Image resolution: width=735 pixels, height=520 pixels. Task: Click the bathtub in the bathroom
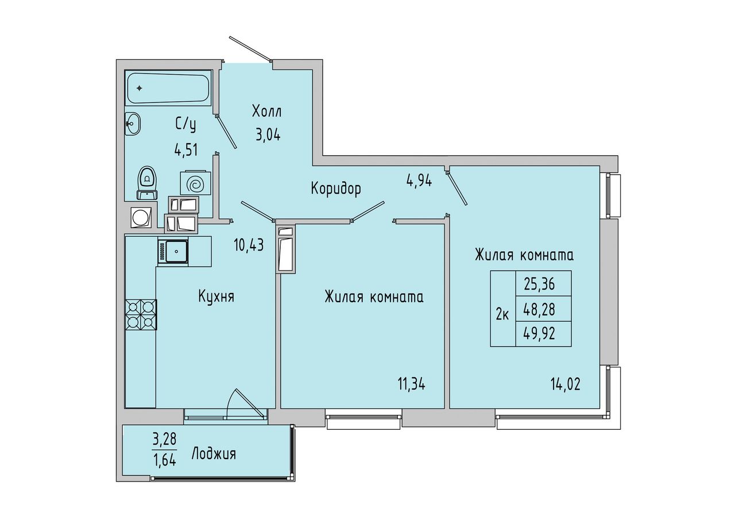(x=168, y=88)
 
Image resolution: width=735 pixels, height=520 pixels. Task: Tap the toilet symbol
(x=148, y=183)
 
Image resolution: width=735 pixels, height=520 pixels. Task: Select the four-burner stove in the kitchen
(x=141, y=314)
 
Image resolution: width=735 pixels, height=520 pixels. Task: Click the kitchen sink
(x=173, y=252)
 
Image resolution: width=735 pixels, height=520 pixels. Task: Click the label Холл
(x=266, y=111)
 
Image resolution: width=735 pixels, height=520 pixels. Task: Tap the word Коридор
(x=336, y=189)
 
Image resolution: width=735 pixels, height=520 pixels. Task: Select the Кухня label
(x=216, y=296)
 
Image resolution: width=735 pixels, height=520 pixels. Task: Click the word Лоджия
(x=214, y=454)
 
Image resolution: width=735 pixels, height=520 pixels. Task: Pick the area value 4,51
(x=186, y=151)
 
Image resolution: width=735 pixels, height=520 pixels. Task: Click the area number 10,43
(x=249, y=245)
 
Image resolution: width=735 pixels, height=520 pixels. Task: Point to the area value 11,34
(x=412, y=384)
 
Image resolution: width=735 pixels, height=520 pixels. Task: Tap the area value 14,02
(x=566, y=384)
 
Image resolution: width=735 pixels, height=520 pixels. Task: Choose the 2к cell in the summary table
(x=502, y=309)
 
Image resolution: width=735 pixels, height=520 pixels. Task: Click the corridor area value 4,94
(x=419, y=181)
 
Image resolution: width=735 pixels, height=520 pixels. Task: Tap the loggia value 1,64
(x=165, y=460)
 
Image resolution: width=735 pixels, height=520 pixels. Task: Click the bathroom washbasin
(x=133, y=124)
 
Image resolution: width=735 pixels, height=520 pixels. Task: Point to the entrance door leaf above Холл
(x=251, y=49)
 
